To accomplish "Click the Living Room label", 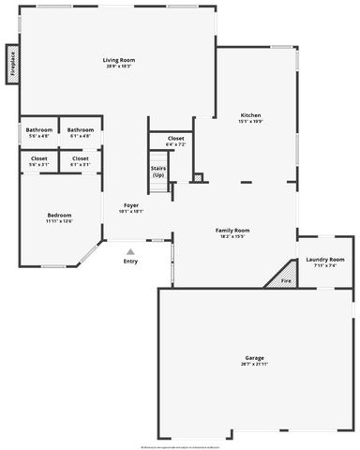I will tap(117, 60).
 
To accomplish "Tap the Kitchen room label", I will tap(250, 115).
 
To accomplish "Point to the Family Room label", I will tap(232, 230).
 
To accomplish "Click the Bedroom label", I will tap(59, 216).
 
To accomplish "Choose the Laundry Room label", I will tap(324, 259).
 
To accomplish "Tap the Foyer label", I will tap(131, 205).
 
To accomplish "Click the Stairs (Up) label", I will tap(158, 172).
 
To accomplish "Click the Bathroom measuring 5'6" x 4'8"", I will tap(39, 129).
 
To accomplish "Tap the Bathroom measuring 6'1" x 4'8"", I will tap(81, 129).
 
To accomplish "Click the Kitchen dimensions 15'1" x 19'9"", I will tap(250, 122).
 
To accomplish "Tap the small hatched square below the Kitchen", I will tap(198, 176).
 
